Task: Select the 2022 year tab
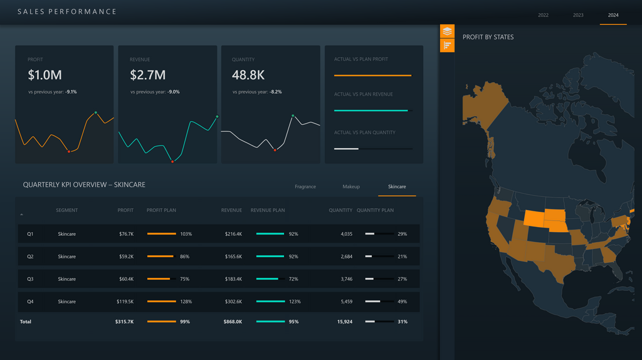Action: tap(543, 15)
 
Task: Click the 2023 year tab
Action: tap(578, 15)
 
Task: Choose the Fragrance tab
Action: tap(305, 186)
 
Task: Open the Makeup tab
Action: tap(351, 186)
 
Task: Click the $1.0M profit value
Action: tap(45, 75)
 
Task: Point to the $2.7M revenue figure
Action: tap(148, 75)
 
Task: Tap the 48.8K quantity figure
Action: tap(248, 75)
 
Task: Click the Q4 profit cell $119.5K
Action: tap(125, 302)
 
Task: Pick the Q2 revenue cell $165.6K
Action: tap(233, 257)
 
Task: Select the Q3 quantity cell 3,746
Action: tap(346, 279)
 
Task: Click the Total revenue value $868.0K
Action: tap(233, 322)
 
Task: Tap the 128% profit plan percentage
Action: tap(186, 302)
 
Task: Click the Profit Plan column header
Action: tap(161, 210)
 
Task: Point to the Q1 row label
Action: tap(30, 234)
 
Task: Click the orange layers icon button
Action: tap(447, 31)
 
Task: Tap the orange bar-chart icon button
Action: tap(447, 45)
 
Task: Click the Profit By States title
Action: tap(488, 37)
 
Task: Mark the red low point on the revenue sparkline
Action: tap(172, 162)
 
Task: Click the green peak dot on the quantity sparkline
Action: tap(293, 116)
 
